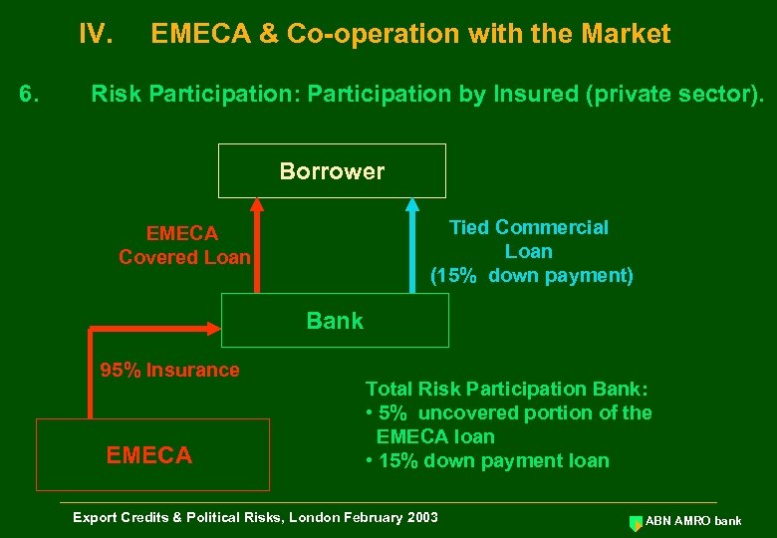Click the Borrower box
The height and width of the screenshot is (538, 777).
click(x=332, y=171)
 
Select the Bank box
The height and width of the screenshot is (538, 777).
click(x=335, y=321)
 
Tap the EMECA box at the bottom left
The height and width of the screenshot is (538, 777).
click(x=152, y=455)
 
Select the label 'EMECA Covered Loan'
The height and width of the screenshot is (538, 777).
click(x=184, y=245)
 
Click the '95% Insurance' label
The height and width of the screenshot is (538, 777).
click(x=169, y=370)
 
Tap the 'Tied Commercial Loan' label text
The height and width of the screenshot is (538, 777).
click(x=529, y=239)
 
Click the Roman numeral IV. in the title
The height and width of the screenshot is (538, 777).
click(x=97, y=35)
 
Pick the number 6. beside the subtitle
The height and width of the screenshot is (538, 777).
click(x=30, y=95)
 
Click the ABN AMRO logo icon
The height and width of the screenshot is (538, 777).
click(x=636, y=521)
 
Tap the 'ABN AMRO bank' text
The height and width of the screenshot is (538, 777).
click(x=693, y=521)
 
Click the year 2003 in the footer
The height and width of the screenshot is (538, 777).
click(x=419, y=517)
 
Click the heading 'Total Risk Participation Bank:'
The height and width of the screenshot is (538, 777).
click(x=507, y=389)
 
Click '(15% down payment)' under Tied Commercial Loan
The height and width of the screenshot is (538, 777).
click(x=531, y=276)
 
